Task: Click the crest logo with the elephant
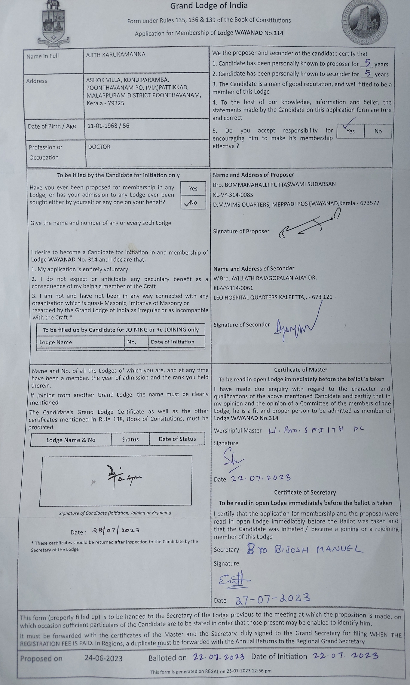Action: pyautogui.click(x=54, y=23)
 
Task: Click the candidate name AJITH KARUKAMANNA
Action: pyautogui.click(x=115, y=55)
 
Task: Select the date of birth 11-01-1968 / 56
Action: pyautogui.click(x=108, y=126)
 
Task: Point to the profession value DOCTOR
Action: pyautogui.click(x=99, y=147)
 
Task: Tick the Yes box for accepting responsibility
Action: pyautogui.click(x=350, y=131)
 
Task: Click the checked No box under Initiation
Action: pyautogui.click(x=193, y=203)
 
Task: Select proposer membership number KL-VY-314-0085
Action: pyautogui.click(x=233, y=195)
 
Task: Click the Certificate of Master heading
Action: pyautogui.click(x=300, y=370)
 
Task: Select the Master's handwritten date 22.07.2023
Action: pyautogui.click(x=261, y=478)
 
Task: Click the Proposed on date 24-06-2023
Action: pyautogui.click(x=103, y=659)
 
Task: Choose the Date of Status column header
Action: pyautogui.click(x=177, y=439)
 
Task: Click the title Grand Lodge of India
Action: pyautogui.click(x=209, y=6)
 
